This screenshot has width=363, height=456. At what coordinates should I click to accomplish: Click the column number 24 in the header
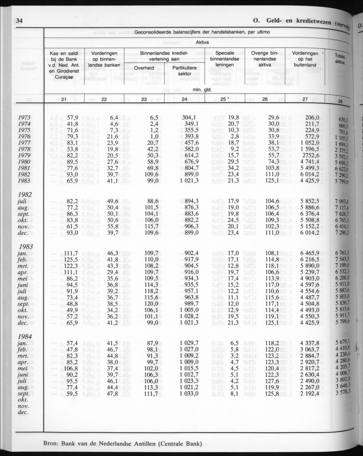184,99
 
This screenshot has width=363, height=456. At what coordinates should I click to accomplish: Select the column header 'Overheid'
144,68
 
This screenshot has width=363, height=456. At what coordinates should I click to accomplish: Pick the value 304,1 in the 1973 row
189,118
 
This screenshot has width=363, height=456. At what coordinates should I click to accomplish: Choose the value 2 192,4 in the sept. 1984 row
308,394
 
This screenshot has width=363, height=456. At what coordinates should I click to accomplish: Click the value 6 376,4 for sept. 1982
308,214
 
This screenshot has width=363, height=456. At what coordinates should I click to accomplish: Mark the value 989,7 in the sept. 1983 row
189,305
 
